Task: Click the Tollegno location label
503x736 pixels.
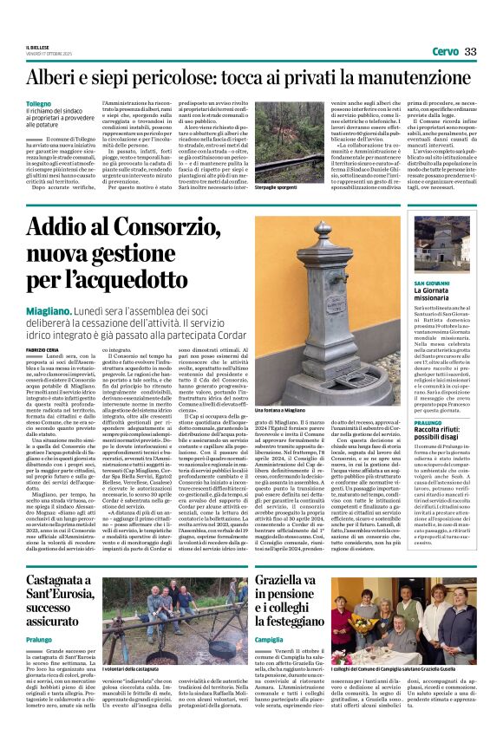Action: tap(39, 103)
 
